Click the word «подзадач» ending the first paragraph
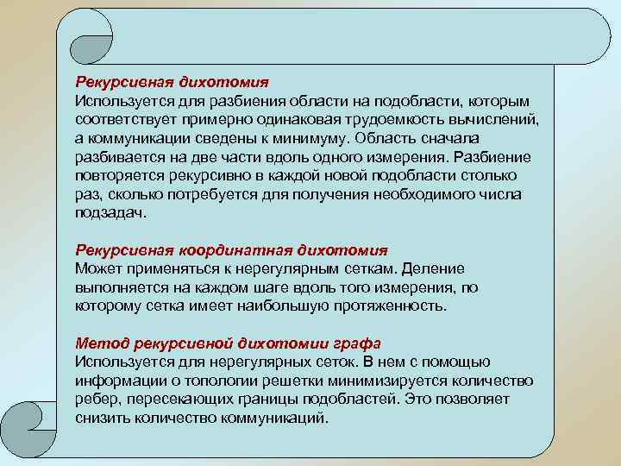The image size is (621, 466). tap(110, 213)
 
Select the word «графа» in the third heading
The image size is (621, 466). tap(357, 343)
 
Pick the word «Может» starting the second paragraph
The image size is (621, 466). tap(97, 268)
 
